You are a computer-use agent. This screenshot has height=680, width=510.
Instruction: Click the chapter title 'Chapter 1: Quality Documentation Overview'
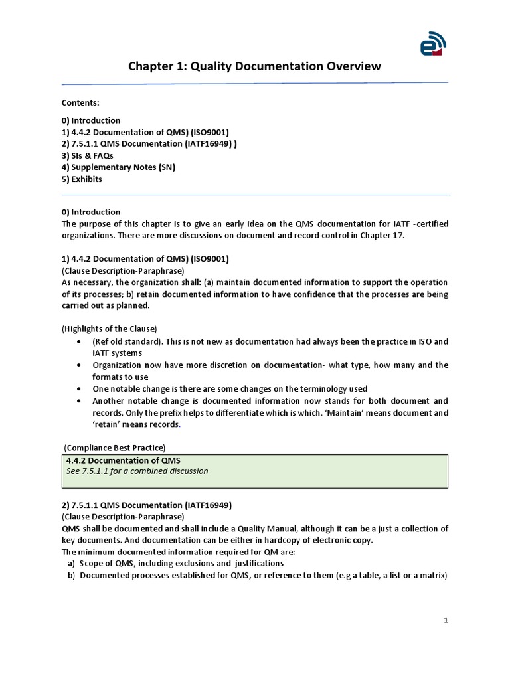[x=254, y=66]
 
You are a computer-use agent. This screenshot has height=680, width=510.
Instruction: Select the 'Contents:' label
[x=80, y=102]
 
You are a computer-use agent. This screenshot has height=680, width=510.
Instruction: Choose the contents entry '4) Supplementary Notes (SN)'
[x=118, y=167]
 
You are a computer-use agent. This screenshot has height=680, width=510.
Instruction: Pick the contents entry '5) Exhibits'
[x=82, y=179]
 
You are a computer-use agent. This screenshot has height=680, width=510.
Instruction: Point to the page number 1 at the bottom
[x=446, y=620]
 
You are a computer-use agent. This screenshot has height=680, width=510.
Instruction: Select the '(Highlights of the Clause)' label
[x=110, y=329]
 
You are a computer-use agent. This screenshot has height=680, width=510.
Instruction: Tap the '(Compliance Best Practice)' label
[x=115, y=447]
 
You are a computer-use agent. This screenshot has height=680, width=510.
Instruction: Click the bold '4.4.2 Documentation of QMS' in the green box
[x=123, y=460]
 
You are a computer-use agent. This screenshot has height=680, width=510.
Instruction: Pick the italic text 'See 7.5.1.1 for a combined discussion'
[x=137, y=471]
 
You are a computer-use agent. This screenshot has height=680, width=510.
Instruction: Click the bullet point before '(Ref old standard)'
[x=79, y=341]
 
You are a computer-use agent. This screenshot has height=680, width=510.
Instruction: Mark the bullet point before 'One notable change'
[x=79, y=389]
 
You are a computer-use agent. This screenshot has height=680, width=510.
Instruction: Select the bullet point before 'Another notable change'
[x=79, y=401]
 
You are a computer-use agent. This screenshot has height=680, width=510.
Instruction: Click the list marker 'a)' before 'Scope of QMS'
[x=71, y=564]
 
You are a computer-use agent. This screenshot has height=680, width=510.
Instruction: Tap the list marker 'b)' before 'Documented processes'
[x=71, y=576]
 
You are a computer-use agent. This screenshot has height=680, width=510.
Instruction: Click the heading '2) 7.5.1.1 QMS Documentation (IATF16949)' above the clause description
[x=147, y=505]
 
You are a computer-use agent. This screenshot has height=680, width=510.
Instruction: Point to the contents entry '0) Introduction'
[x=91, y=120]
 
